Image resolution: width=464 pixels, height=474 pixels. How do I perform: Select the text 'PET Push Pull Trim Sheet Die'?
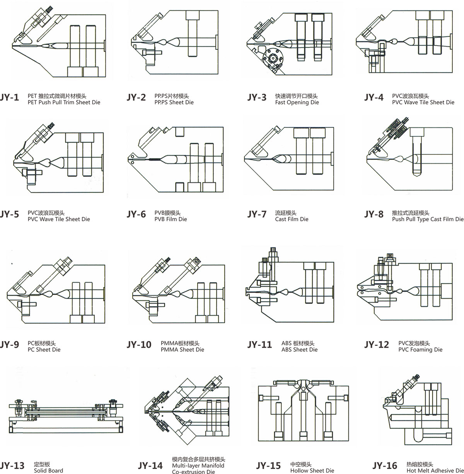[x=64, y=102]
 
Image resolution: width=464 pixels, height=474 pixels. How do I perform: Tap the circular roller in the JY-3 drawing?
[x=273, y=59]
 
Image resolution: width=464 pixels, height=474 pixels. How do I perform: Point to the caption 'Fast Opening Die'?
[x=297, y=102]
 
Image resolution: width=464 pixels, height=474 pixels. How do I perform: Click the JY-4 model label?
[x=374, y=98]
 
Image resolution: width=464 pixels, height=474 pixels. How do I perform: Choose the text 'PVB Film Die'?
[x=171, y=219]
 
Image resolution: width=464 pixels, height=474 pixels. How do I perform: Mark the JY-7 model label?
[x=257, y=214]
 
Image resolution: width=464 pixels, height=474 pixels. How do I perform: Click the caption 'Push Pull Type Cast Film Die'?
[x=428, y=219]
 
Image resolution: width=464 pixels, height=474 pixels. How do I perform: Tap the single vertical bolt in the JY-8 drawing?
[x=417, y=152]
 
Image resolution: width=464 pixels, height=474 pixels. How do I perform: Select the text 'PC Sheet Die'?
[x=44, y=350]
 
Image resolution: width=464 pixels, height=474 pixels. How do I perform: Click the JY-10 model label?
[x=139, y=345]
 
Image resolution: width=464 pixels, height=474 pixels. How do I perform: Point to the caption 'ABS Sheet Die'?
[x=299, y=350]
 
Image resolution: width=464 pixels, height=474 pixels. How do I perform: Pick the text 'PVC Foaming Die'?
[x=420, y=350]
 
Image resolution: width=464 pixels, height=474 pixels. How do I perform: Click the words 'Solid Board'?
[x=48, y=471]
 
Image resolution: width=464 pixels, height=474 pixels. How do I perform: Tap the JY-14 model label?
[x=150, y=466]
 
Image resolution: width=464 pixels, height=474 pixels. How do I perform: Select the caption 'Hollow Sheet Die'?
[x=312, y=471]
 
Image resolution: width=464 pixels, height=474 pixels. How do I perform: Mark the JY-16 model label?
[x=385, y=466]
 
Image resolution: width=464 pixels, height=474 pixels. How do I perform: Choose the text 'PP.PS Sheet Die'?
[x=174, y=102]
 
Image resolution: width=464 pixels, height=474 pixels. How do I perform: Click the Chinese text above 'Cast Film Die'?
[x=286, y=213]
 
